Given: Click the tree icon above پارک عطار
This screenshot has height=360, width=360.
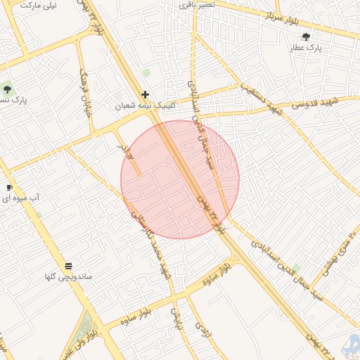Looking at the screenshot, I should click(x=306, y=37).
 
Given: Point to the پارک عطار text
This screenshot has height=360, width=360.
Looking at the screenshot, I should click(x=306, y=48).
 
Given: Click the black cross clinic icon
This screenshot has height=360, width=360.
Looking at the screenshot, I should click(x=146, y=94).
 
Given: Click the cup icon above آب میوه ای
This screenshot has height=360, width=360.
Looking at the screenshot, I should click(x=9, y=187).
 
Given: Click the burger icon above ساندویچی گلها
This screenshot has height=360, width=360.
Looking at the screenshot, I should click(x=68, y=266).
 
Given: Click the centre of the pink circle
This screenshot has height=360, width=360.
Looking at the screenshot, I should click(x=180, y=179).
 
